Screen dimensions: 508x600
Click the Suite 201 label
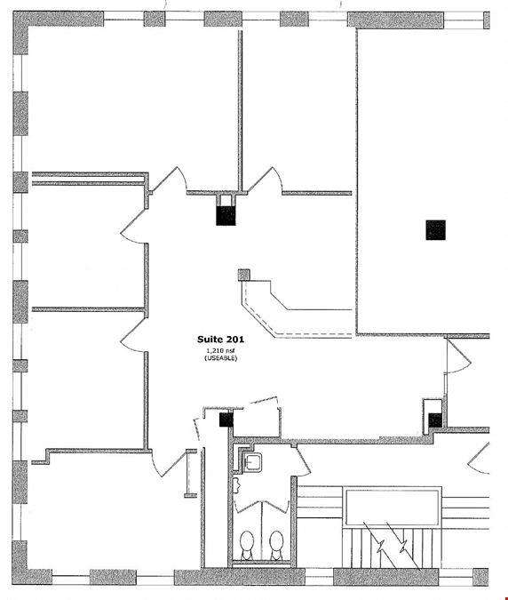220,339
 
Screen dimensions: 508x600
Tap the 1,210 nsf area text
220,350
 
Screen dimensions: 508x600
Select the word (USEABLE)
220,358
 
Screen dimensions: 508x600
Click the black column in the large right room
436,230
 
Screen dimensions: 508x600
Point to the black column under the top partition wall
226,216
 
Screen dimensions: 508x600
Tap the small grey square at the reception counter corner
244,275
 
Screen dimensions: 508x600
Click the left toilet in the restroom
247,544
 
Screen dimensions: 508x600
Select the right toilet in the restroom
276,544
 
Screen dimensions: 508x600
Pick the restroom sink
252,462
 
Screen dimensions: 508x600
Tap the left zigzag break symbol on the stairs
379,547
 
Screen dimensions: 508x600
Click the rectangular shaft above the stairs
393,508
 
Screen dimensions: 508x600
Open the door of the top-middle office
266,179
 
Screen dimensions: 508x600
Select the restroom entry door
303,462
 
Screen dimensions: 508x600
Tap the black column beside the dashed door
226,420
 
